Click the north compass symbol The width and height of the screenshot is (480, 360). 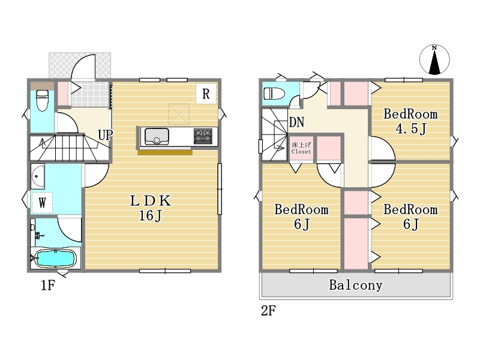point(434,59)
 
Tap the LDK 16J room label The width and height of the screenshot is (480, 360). point(151,208)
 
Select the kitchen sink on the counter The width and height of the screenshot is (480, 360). point(157,137)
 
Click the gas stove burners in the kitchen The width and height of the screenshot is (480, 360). point(203,136)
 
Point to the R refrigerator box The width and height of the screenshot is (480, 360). point(206,94)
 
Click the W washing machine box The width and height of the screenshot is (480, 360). point(42,202)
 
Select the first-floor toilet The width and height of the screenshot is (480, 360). point(42,100)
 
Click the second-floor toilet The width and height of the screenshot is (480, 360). point(274,94)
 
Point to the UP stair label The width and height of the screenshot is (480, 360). point(106,134)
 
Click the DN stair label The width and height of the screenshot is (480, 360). point(296,122)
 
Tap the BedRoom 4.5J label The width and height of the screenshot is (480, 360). point(410,122)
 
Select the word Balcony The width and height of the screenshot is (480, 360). point(356,286)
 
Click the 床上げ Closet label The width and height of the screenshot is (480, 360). point(301,148)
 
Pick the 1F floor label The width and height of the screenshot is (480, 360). point(48,286)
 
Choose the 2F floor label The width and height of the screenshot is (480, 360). point(268,311)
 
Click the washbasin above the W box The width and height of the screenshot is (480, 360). point(38,176)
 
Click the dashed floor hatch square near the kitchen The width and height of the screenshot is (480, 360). point(178,114)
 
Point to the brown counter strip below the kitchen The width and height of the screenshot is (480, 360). point(165,152)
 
